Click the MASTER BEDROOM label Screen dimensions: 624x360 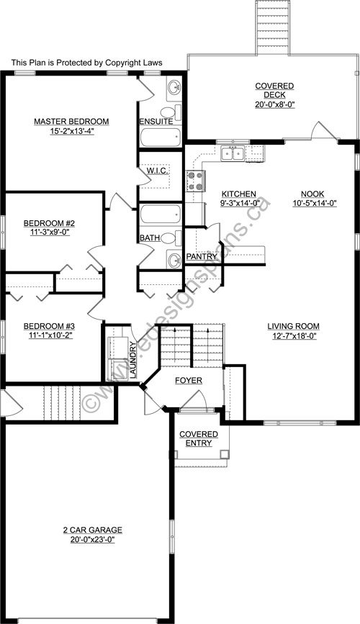click(71, 121)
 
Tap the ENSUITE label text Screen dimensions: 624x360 click(156, 122)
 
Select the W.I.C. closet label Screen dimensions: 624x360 click(158, 171)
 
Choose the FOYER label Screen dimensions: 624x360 click(188, 380)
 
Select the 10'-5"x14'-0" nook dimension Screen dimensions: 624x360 click(312, 204)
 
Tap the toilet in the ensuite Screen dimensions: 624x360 click(168, 112)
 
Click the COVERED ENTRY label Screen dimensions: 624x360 click(195, 438)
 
